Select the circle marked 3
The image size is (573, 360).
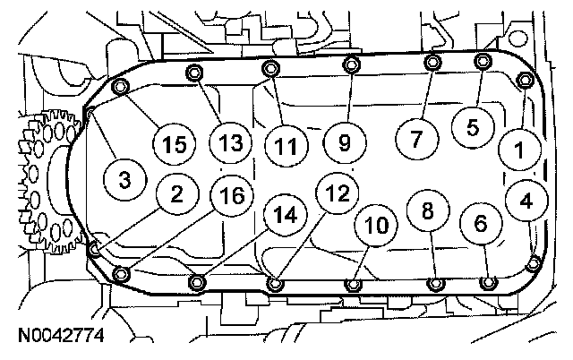(124, 179)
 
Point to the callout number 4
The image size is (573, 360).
(526, 201)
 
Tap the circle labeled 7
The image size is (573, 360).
(415, 140)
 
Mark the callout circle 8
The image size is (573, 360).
(427, 210)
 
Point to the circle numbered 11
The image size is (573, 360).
(286, 141)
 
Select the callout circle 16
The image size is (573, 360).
(231, 196)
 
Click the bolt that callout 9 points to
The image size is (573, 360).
(351, 64)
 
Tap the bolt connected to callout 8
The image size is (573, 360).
(434, 285)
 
